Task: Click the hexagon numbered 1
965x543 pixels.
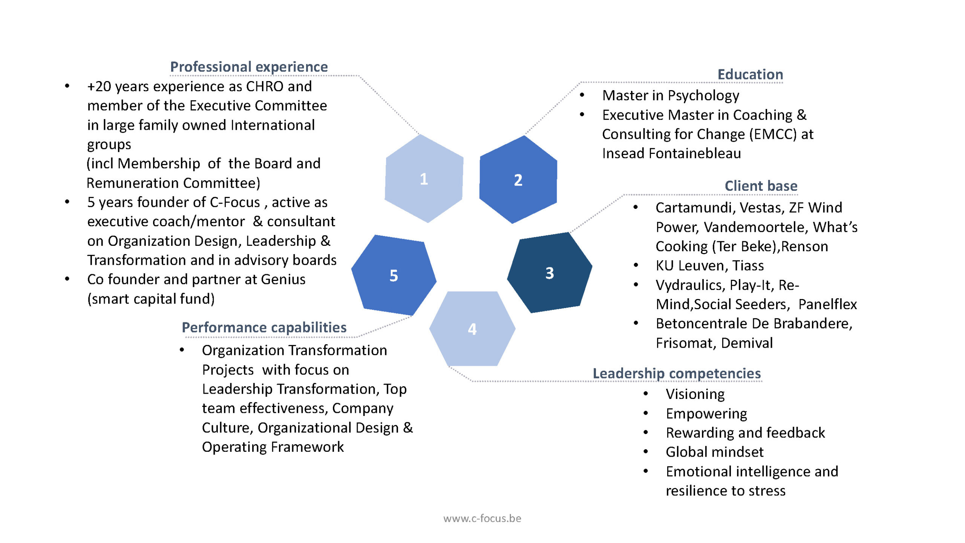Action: tap(424, 178)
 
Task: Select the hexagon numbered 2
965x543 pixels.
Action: tap(518, 180)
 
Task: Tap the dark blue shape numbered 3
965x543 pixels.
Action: tap(549, 273)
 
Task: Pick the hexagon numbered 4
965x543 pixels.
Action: tap(472, 329)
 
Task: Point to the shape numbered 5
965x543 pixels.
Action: tap(394, 275)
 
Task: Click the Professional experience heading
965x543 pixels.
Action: tap(249, 67)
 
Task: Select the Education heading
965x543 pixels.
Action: tap(750, 74)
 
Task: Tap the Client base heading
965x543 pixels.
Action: tap(761, 186)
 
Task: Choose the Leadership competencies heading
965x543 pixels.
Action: tap(677, 373)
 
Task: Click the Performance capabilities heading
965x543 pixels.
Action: tap(264, 327)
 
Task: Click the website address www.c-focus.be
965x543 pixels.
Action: tap(482, 518)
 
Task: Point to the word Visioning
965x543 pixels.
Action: tap(695, 394)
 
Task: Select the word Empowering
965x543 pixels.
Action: tap(706, 414)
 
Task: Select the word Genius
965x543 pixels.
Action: tap(283, 279)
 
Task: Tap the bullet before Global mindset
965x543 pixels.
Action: tap(646, 451)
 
